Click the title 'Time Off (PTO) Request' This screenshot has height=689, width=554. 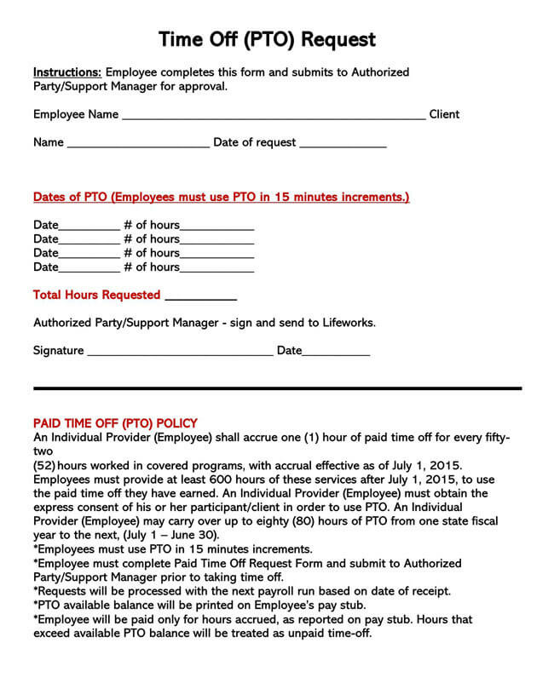click(x=267, y=39)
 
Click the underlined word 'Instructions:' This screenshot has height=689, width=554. click(x=67, y=72)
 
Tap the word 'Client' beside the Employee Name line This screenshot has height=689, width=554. click(x=444, y=114)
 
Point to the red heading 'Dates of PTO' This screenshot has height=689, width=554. click(x=221, y=197)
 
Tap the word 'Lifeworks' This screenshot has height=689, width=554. click(x=347, y=323)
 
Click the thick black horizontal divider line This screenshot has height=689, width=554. click(x=277, y=388)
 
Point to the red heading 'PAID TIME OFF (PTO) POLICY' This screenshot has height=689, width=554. click(x=115, y=422)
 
